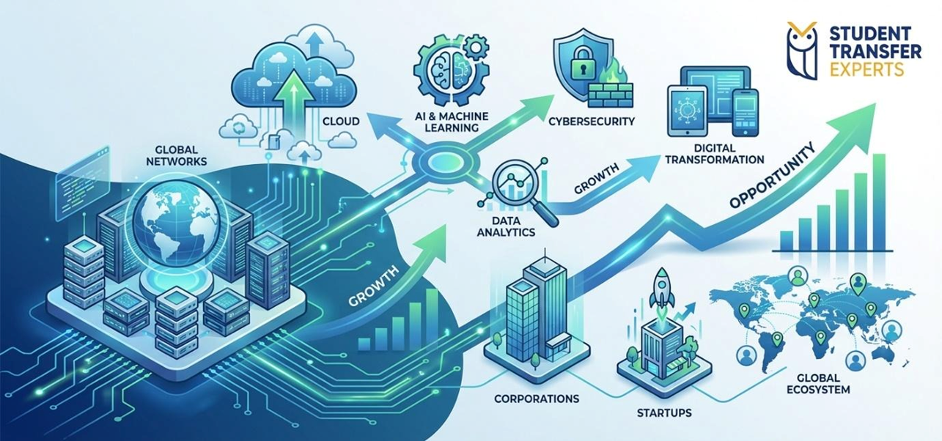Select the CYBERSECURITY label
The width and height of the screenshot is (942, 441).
coord(591,120)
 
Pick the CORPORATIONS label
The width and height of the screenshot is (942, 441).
coord(537,399)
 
